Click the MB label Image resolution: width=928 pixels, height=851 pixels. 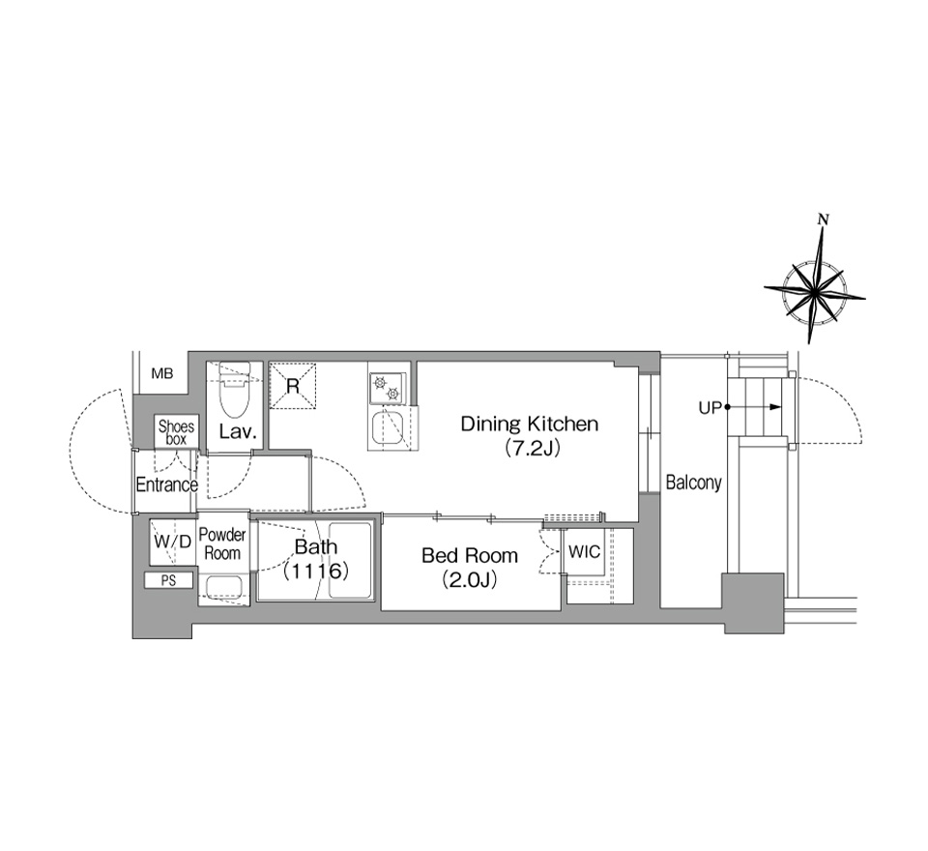pos(162,373)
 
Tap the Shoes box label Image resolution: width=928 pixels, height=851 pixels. pos(176,433)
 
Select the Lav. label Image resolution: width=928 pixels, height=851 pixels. pos(238,431)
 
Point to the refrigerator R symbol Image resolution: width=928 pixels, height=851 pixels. pos(292,386)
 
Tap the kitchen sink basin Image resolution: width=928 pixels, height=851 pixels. pos(389,427)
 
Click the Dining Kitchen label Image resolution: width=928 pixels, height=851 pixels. pos(529,424)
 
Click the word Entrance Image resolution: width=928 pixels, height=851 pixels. pos(166,485)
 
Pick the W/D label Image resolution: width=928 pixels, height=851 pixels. pos(173,542)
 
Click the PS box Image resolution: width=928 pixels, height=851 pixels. pos(168,580)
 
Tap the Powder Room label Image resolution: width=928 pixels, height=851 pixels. pos(222,543)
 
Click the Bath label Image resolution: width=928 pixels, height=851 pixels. pos(316,546)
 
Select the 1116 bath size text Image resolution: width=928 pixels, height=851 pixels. pos(315,572)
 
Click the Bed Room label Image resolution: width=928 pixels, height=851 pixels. pos(470,555)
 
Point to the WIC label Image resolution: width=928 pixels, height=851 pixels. pos(584,552)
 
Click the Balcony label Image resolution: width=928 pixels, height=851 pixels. pos(694,483)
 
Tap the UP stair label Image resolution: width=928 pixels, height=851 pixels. pos(710,408)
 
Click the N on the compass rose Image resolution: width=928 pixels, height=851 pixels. pos(823,220)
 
